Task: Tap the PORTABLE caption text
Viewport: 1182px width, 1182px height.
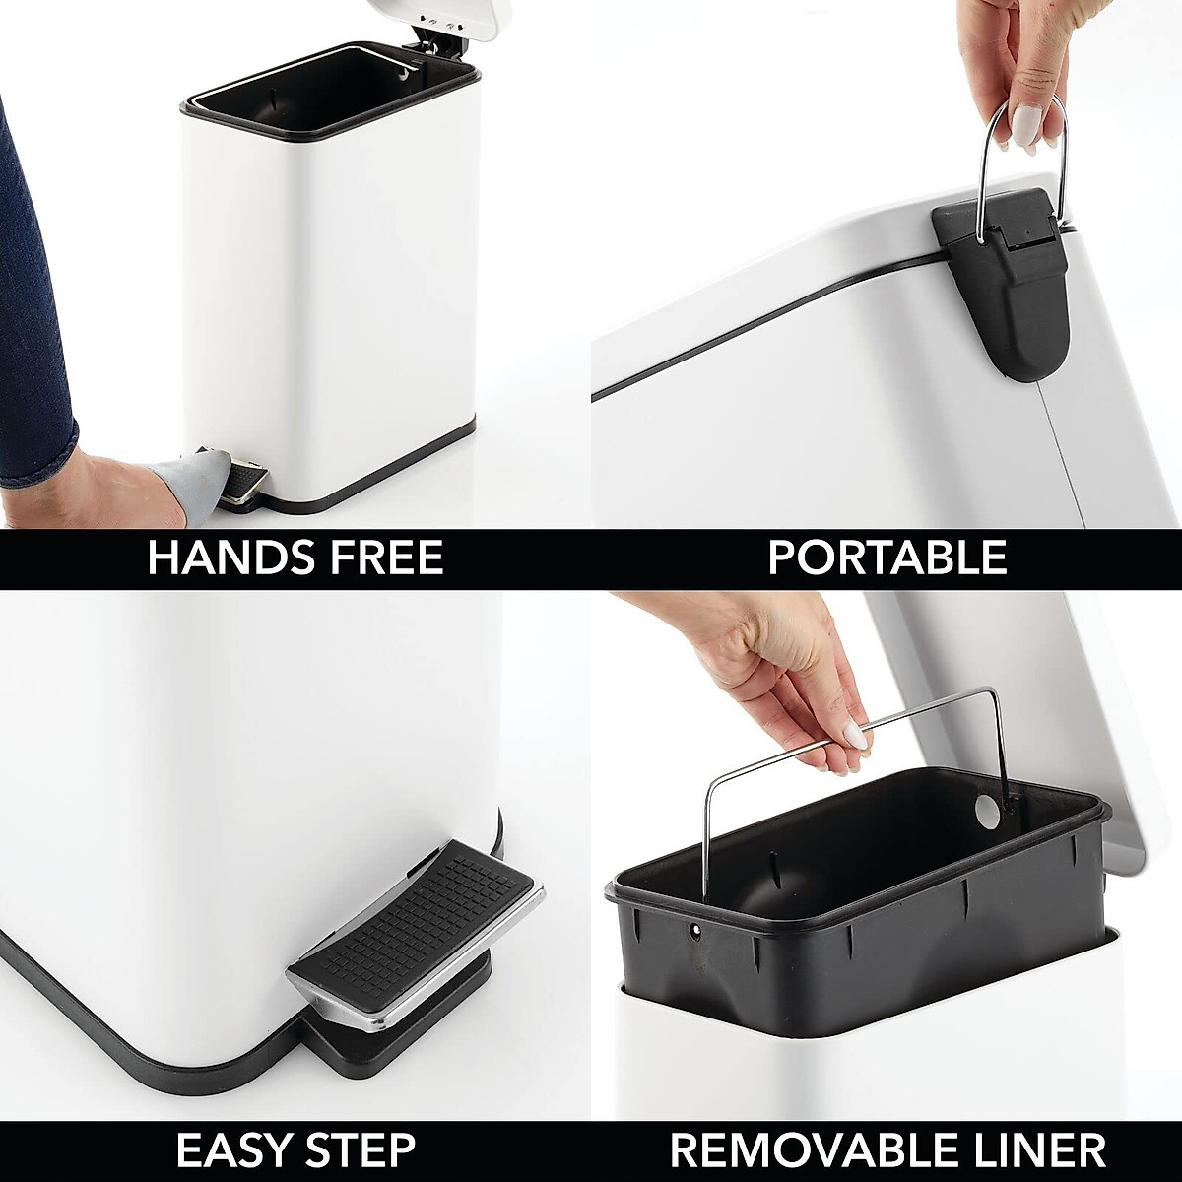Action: pyautogui.click(x=886, y=558)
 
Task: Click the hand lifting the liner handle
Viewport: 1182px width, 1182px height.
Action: pyautogui.click(x=778, y=670)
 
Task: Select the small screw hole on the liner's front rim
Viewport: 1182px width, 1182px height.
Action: pyautogui.click(x=697, y=928)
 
